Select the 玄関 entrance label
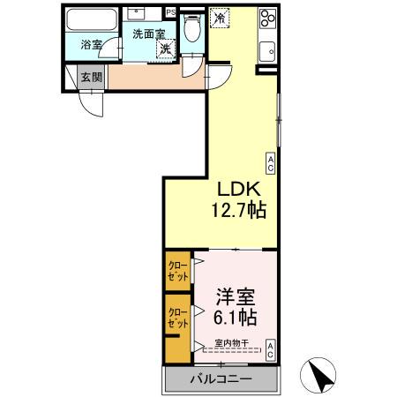pyautogui.click(x=91, y=77)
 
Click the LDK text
pyautogui.click(x=238, y=190)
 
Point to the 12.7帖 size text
pyautogui.click(x=238, y=211)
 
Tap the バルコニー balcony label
pyautogui.click(x=221, y=379)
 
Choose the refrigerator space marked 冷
pyautogui.click(x=219, y=17)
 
